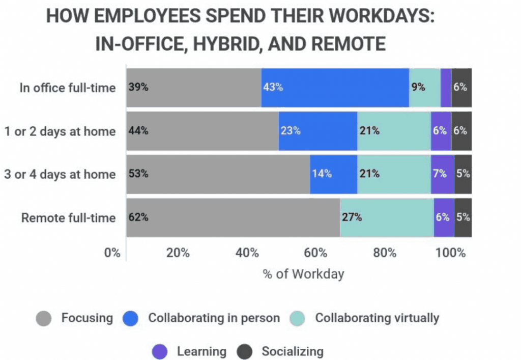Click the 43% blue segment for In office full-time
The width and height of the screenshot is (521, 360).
point(335,88)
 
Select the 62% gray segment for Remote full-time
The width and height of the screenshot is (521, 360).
point(233,217)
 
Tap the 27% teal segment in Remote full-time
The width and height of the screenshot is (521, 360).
point(387,217)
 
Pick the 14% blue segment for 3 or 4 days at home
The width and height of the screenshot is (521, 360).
point(333,174)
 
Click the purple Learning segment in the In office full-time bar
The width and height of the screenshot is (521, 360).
point(446,88)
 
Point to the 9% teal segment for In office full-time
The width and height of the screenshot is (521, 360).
point(425,88)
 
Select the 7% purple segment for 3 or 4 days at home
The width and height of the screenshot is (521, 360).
point(442,174)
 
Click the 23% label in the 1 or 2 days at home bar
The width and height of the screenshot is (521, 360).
point(291,131)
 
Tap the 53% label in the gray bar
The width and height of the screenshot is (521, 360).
point(138,174)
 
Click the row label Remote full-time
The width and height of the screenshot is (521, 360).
point(68,218)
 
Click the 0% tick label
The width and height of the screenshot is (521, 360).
point(112,253)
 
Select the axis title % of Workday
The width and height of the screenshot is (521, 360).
point(303,274)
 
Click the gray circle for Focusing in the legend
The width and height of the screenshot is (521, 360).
point(44,319)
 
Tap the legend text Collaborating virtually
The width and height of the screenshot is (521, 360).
point(377,318)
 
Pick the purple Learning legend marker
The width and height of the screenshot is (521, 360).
point(160,351)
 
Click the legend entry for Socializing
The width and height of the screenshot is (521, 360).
point(292,351)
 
